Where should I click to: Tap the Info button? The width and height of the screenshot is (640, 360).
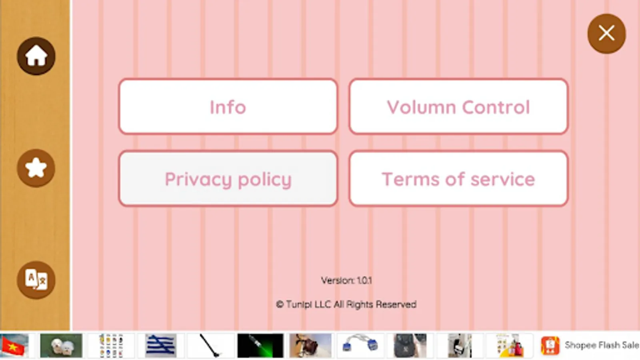tap(228, 107)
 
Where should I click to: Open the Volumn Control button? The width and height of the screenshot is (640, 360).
tap(458, 107)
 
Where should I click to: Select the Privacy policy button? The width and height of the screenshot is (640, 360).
tap(228, 179)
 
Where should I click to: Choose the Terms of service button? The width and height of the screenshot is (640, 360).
tap(458, 179)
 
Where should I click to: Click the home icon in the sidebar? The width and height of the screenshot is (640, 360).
tap(36, 56)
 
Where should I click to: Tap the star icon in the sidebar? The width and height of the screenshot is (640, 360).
tap(36, 168)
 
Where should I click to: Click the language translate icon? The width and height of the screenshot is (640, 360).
tap(36, 280)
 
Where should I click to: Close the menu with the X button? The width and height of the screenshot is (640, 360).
tap(606, 34)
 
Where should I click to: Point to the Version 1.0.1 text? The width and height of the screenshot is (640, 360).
tap(346, 280)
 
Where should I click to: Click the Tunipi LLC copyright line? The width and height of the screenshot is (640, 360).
tap(346, 304)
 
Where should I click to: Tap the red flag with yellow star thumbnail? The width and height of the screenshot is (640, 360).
tap(14, 345)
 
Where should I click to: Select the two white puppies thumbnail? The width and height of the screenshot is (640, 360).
tap(61, 345)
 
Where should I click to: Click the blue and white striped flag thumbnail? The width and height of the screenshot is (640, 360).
tap(161, 345)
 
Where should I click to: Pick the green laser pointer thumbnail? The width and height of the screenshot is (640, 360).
tap(260, 345)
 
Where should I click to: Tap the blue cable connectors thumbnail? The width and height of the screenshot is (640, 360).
tap(360, 345)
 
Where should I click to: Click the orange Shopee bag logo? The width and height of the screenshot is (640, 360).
tap(550, 345)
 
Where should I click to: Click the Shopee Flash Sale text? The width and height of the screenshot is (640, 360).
tap(602, 345)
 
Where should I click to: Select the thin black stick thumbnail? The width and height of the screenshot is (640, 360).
tap(210, 345)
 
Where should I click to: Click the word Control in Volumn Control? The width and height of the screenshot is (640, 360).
tap(496, 107)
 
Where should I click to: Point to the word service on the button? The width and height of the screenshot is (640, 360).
tap(503, 179)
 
